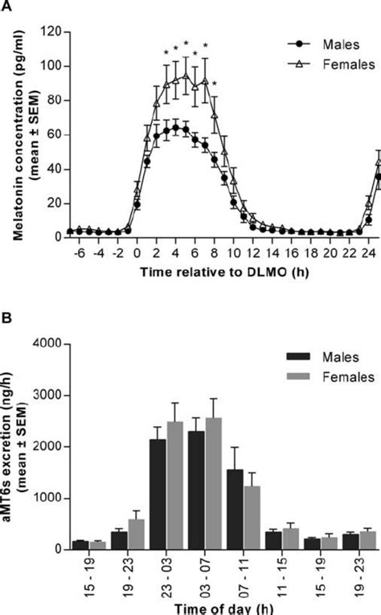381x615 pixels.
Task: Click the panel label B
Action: coord(6,320)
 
